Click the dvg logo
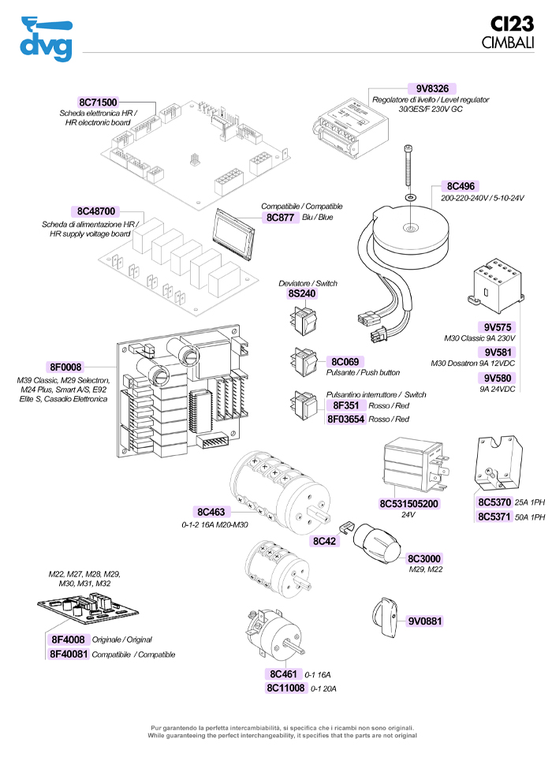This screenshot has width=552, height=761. [47, 39]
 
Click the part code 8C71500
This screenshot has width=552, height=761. [98, 103]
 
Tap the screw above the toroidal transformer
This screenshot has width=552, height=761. [408, 170]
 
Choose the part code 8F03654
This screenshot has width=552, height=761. [345, 420]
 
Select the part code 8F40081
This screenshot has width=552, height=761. [69, 654]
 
